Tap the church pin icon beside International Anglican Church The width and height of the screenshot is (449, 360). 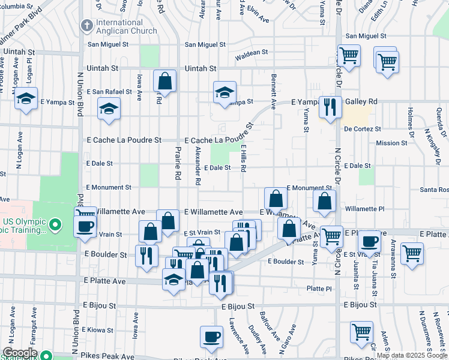tap(86, 26)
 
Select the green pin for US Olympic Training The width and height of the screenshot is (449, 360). tap(56, 226)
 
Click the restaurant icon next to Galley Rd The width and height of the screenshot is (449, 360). tap(330, 106)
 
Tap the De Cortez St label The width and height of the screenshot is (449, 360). tap(363, 128)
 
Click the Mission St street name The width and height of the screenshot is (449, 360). tap(391, 143)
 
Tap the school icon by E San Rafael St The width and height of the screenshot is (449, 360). tap(110, 109)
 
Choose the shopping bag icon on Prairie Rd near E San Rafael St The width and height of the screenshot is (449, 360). tap(164, 80)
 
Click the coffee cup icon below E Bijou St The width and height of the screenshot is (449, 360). tap(210, 337)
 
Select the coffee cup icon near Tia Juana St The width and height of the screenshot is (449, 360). tap(369, 241)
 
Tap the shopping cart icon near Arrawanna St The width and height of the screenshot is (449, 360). tap(412, 253)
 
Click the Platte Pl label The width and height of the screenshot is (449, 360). tap(319, 289)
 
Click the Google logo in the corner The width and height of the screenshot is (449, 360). tap(20, 353)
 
